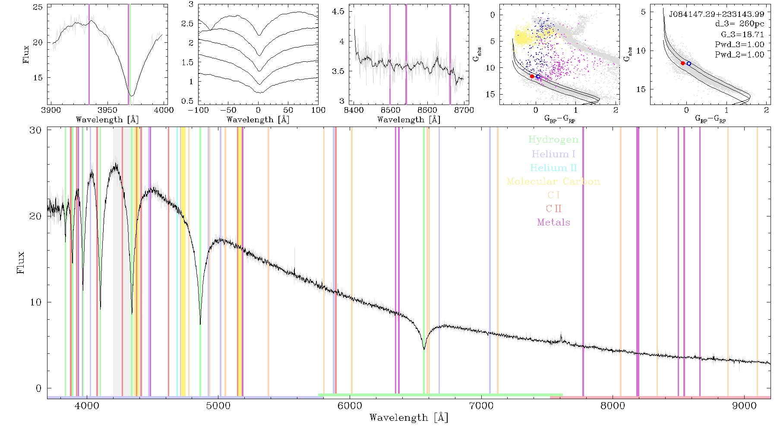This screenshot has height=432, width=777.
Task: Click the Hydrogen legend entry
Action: pyautogui.click(x=553, y=140)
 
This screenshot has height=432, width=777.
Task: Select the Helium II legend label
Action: pyautogui.click(x=553, y=168)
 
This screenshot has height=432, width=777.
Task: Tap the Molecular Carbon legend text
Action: pyautogui.click(x=553, y=181)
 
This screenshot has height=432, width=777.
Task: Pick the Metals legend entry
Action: pyautogui.click(x=553, y=222)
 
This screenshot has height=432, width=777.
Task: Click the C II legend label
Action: pyautogui.click(x=553, y=209)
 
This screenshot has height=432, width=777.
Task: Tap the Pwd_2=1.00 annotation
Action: pyautogui.click(x=739, y=55)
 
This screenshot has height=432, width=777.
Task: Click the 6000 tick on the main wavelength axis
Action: pyautogui.click(x=350, y=406)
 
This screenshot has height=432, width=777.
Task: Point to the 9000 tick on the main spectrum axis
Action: pyautogui.click(x=744, y=406)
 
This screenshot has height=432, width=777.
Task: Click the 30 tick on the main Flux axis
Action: pyautogui.click(x=36, y=130)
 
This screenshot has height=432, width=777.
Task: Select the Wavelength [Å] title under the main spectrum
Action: pyautogui.click(x=409, y=418)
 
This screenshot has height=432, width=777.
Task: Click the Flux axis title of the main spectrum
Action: pyautogui.click(x=20, y=263)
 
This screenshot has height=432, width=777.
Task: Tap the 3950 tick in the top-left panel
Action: pyautogui.click(x=107, y=110)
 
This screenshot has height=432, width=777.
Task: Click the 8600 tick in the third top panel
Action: pyautogui.click(x=427, y=110)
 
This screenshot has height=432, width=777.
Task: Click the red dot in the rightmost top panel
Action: pyautogui.click(x=683, y=63)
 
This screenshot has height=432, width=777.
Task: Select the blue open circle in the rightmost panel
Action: pyautogui.click(x=689, y=64)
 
